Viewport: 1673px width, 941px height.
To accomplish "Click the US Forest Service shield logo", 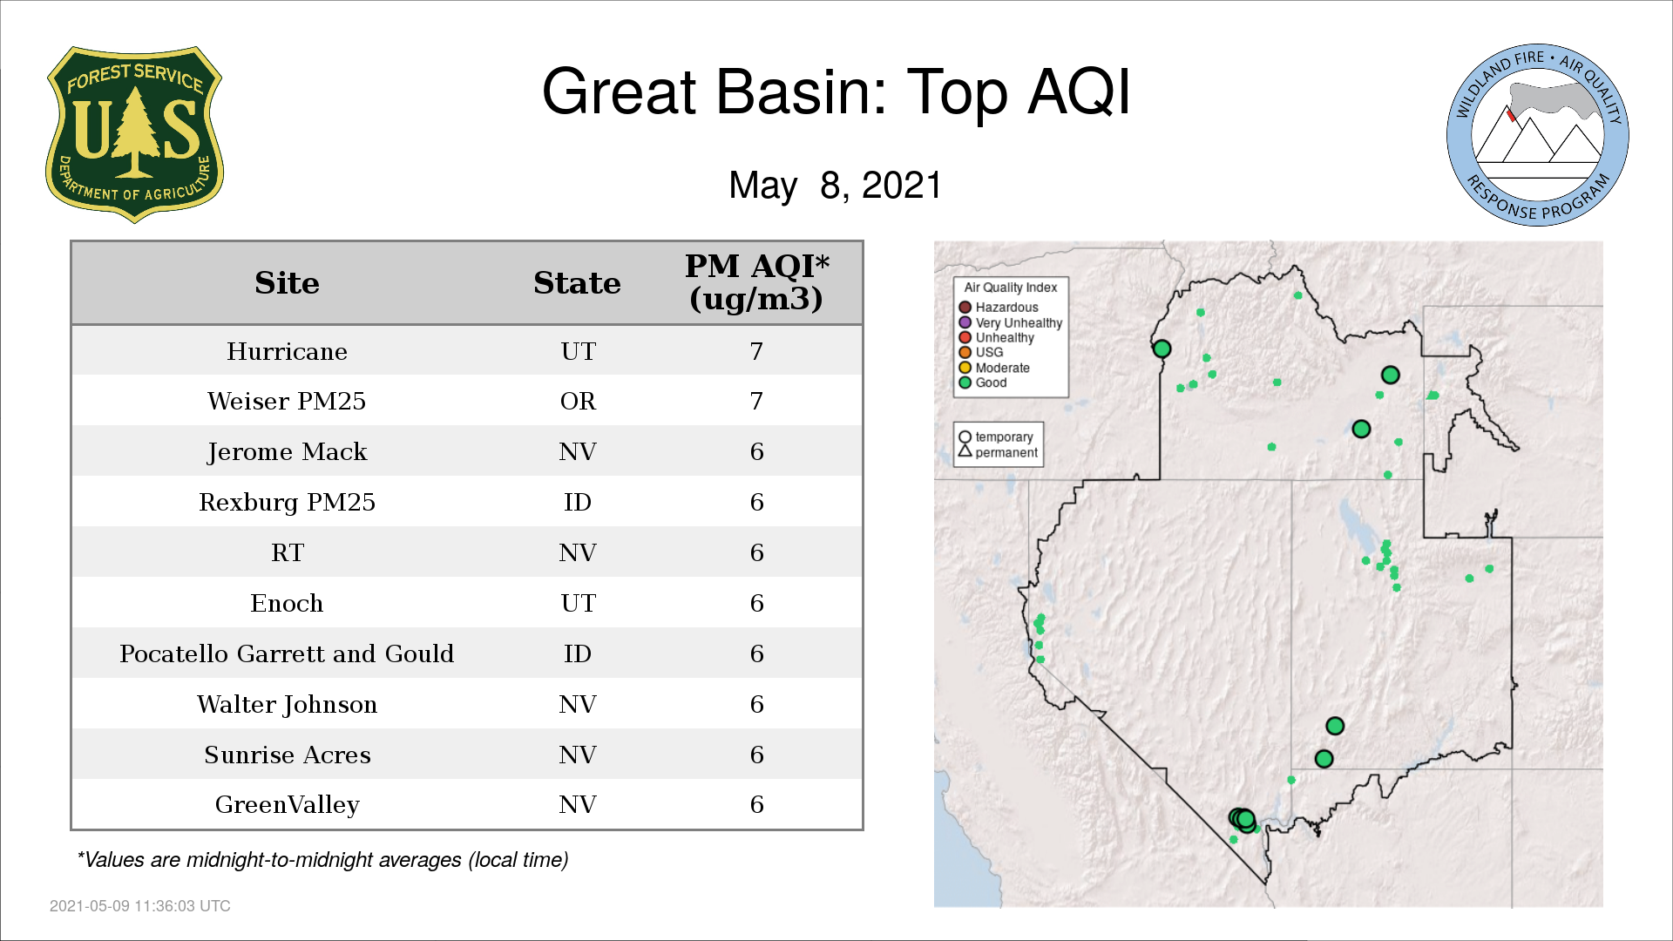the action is click(x=134, y=135).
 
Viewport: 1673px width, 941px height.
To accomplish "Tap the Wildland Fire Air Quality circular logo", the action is click(x=1538, y=135).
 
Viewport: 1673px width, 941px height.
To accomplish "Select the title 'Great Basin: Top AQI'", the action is click(x=836, y=91).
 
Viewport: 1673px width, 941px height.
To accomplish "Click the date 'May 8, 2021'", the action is click(x=836, y=186).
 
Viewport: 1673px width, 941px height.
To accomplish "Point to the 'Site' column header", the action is click(x=287, y=283).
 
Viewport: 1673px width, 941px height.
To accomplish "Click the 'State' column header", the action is click(x=577, y=283).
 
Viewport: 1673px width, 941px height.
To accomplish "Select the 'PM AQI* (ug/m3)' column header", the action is click(x=756, y=282).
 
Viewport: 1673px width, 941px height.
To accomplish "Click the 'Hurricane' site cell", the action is click(x=287, y=351).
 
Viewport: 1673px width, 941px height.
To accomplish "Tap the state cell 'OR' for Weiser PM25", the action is click(x=578, y=402).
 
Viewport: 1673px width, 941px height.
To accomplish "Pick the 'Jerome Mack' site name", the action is click(x=287, y=452).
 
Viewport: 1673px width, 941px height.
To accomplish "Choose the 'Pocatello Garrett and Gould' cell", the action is click(x=287, y=653).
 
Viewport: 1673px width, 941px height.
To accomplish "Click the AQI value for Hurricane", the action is click(x=756, y=351).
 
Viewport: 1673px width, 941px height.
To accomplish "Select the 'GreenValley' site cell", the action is click(x=287, y=805).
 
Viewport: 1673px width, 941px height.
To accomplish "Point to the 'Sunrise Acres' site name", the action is click(x=287, y=755).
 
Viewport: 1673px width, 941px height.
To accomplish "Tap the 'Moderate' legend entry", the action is click(x=994, y=368).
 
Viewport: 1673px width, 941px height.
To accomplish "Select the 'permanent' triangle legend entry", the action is click(x=998, y=452).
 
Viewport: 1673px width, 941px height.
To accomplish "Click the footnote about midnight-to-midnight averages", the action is click(x=322, y=860).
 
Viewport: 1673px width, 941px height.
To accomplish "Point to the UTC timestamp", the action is click(x=140, y=906).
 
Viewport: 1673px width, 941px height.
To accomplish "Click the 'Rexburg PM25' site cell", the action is click(x=287, y=503).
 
